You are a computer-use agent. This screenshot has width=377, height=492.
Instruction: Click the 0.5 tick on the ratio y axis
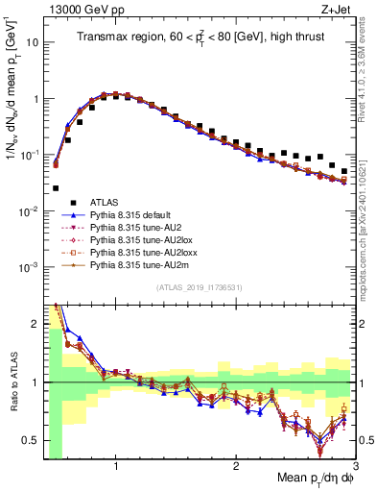33,440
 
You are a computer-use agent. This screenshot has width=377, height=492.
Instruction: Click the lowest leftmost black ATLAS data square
56,188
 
